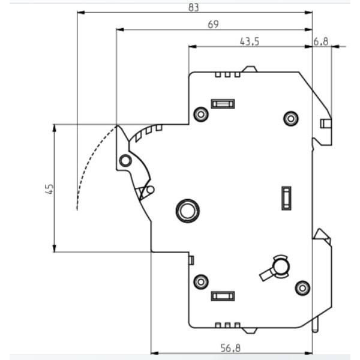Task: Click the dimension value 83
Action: (193, 7)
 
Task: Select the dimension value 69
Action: (213, 25)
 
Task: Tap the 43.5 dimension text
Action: (250, 41)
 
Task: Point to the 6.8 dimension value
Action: (321, 41)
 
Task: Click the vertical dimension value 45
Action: (50, 189)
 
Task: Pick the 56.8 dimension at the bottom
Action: (230, 348)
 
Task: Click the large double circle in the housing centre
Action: (188, 211)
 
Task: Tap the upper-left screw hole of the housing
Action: (201, 114)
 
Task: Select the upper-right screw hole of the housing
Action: (291, 118)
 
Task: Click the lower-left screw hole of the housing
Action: (201, 281)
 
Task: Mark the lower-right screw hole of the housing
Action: (302, 288)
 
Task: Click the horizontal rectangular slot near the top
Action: (223, 104)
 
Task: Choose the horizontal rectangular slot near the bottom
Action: (223, 296)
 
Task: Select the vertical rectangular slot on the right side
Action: (286, 198)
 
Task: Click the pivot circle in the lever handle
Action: (125, 160)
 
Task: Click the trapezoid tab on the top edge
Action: (250, 69)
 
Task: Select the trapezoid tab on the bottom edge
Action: (250, 331)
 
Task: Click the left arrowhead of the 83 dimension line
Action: (81, 13)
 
